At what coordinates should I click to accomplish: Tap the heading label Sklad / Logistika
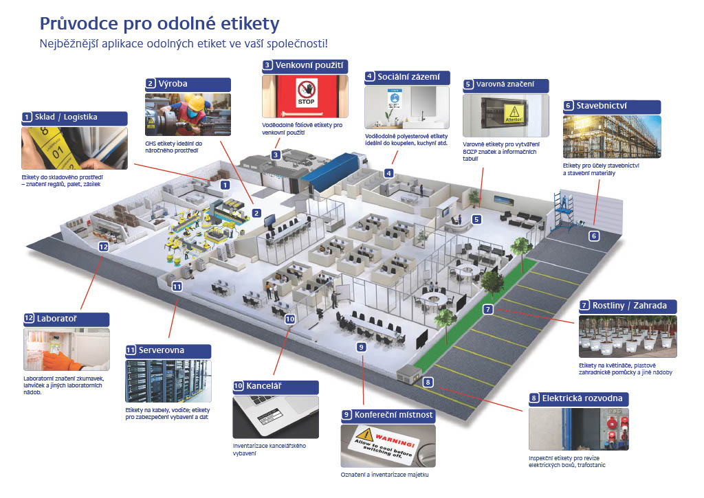click(73, 117)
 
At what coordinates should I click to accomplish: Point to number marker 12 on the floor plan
click(104, 246)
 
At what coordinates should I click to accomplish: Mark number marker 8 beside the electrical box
click(428, 383)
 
